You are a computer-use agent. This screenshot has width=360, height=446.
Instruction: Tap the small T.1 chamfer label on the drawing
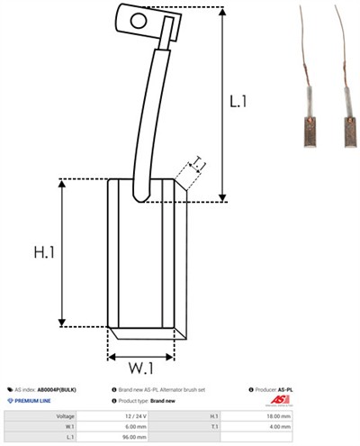click(198, 164)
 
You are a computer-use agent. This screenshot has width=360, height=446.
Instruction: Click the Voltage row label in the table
click(66, 416)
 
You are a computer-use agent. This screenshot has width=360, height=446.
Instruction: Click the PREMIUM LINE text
click(34, 399)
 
